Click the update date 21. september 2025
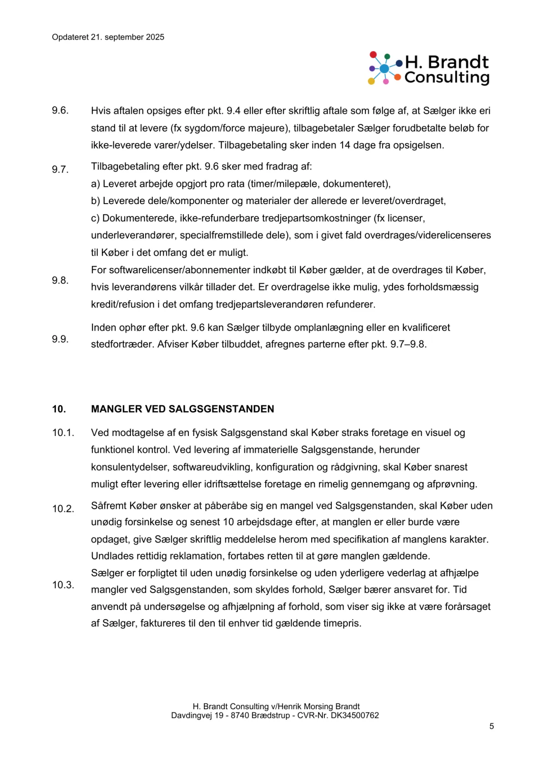(x=127, y=37)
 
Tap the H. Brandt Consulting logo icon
(x=384, y=69)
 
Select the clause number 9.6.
(x=60, y=111)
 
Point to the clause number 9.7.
(x=60, y=169)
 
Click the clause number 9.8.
(x=60, y=281)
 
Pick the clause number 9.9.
(x=60, y=339)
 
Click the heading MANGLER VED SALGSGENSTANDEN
(x=182, y=409)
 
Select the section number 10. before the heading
(x=59, y=409)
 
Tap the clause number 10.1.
(x=63, y=433)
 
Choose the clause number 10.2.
(x=63, y=509)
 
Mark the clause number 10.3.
(x=63, y=585)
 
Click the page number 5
(x=491, y=726)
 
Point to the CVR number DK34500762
(x=354, y=716)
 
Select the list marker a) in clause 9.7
(x=95, y=184)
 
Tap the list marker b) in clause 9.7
(x=95, y=201)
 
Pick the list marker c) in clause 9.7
(x=95, y=218)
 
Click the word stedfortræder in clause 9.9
(x=122, y=344)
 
